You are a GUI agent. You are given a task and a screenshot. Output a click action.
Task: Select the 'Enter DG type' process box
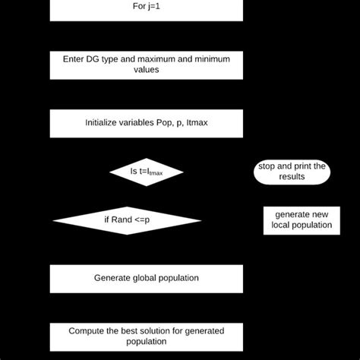click(x=147, y=64)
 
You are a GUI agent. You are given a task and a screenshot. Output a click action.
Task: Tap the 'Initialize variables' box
click(x=147, y=123)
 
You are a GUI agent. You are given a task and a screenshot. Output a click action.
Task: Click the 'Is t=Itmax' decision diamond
click(x=147, y=172)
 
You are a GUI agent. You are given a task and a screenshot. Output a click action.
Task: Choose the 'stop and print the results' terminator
click(x=292, y=172)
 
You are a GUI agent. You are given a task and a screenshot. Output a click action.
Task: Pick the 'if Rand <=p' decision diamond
click(x=127, y=220)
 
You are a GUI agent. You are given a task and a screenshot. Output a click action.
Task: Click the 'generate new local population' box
click(x=302, y=220)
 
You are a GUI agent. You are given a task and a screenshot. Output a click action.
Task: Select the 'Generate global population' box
click(x=147, y=278)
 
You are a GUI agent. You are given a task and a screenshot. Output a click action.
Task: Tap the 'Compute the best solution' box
click(x=147, y=336)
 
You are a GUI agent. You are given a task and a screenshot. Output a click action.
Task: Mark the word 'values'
click(x=147, y=70)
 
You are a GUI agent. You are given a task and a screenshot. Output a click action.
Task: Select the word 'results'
click(x=292, y=177)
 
